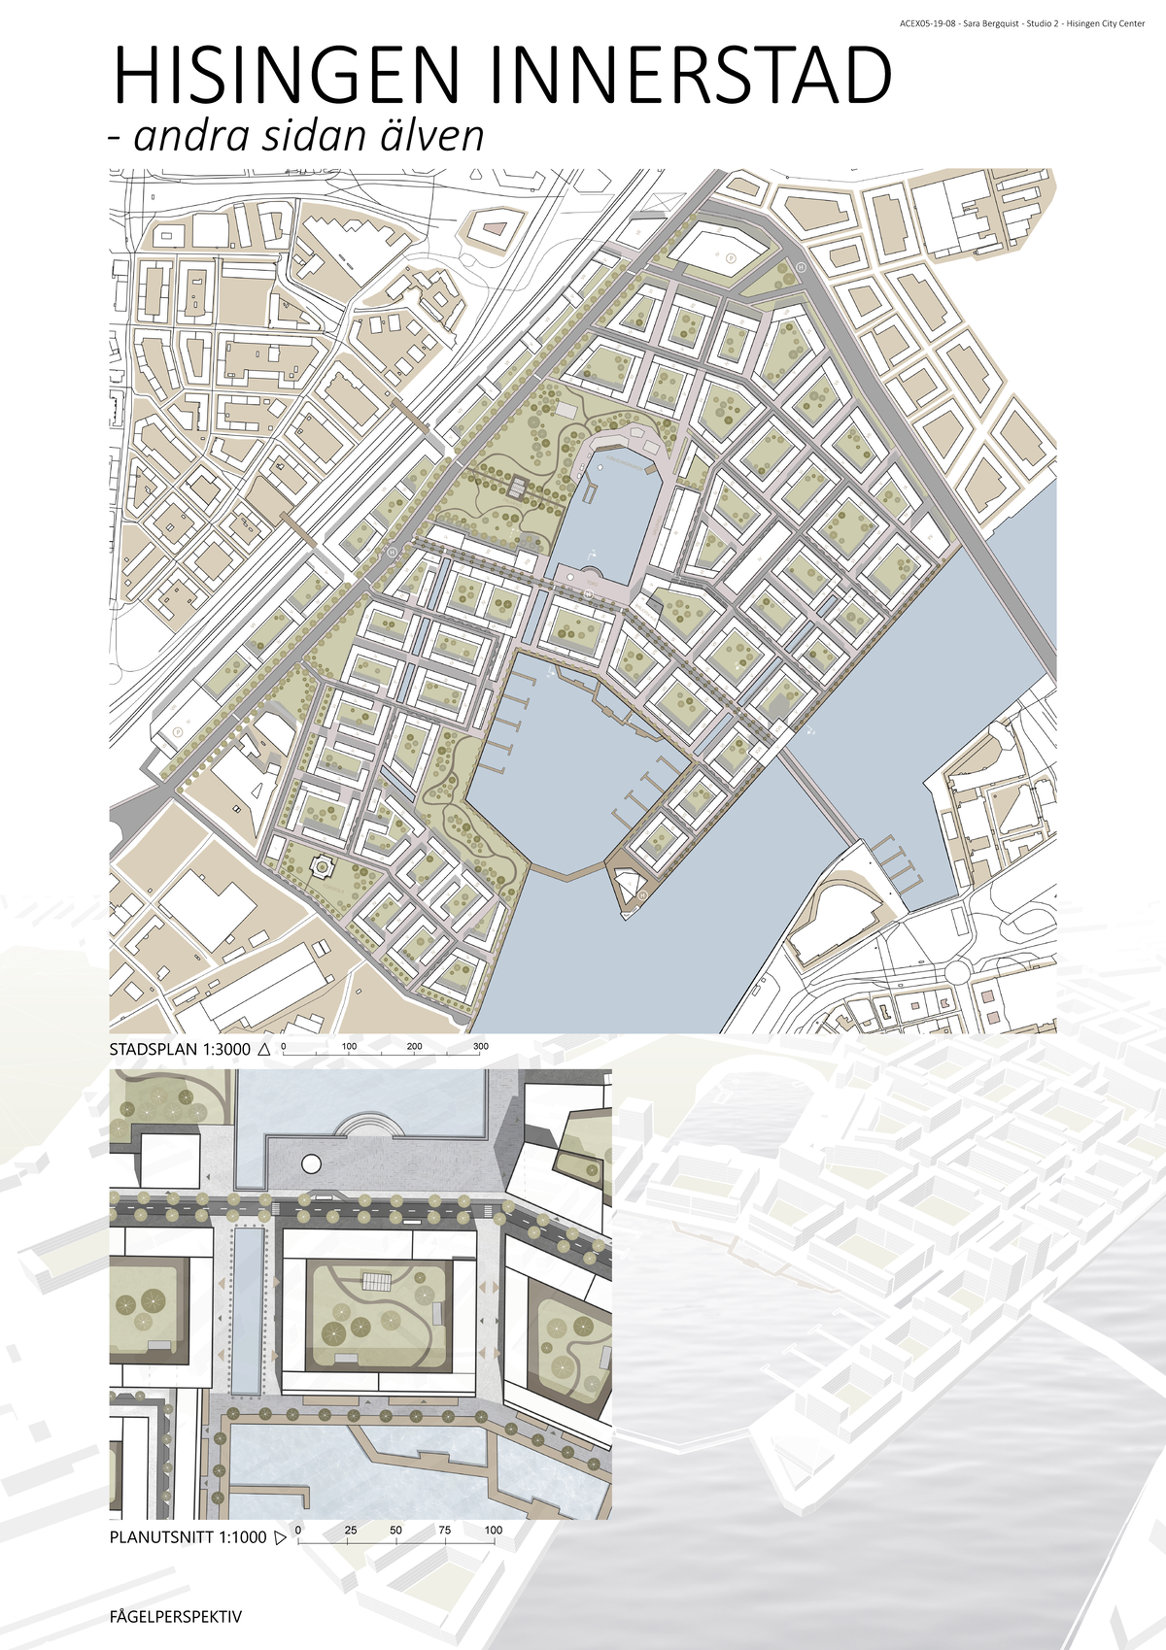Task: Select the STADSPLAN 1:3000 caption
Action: (x=180, y=1050)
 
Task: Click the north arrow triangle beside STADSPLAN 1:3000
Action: (x=263, y=1050)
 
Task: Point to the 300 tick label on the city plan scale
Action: (x=480, y=1047)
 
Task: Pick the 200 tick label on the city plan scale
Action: (x=415, y=1047)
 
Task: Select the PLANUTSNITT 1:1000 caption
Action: (x=188, y=1537)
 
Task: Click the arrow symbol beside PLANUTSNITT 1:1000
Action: (x=280, y=1537)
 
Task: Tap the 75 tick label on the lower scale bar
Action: (x=444, y=1531)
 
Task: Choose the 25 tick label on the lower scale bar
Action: (x=350, y=1531)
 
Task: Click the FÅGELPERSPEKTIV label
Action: (x=175, y=1617)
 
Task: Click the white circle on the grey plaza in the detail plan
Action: (x=311, y=1162)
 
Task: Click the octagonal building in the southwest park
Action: (x=319, y=863)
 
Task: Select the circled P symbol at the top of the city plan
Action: (x=730, y=258)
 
